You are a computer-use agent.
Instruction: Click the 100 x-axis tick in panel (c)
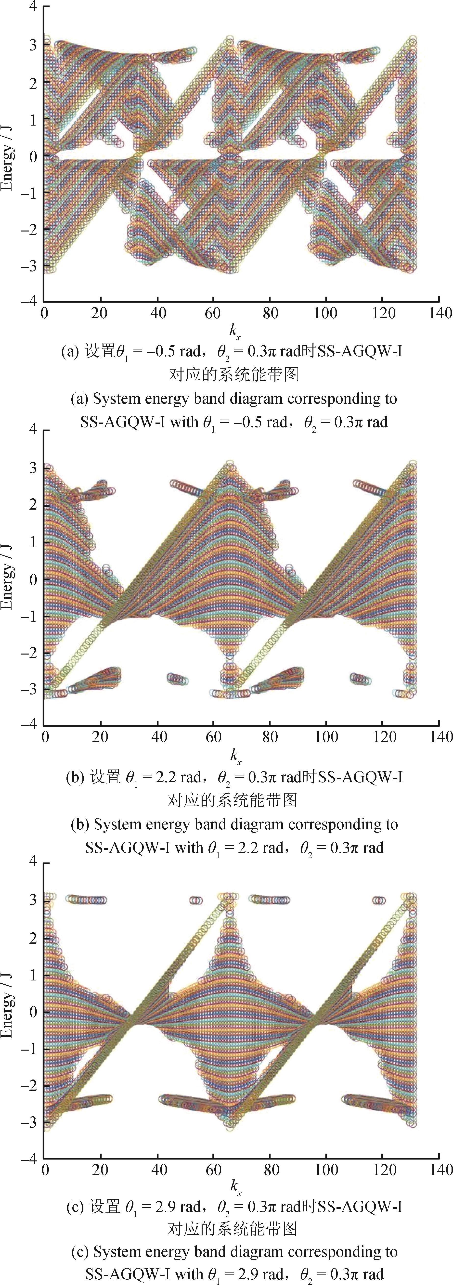coord(326,1170)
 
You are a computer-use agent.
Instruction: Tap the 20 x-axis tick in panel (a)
coord(99,313)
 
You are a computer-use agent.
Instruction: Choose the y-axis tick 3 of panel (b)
coord(33,468)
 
